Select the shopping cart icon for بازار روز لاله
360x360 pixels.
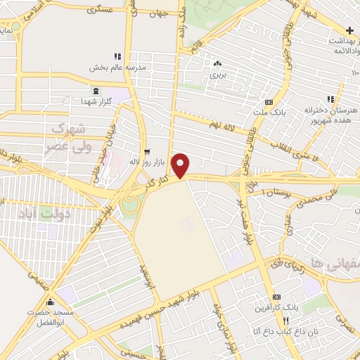(147, 151)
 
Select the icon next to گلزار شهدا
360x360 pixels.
(96, 91)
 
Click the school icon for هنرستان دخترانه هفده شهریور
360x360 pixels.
(330, 100)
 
